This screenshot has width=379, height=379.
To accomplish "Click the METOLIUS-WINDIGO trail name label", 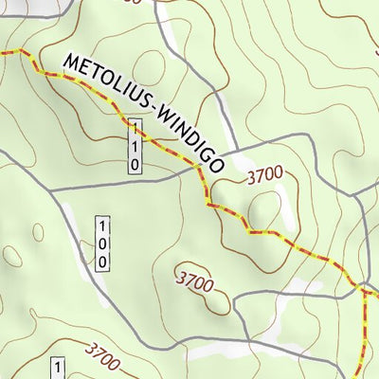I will tap(142, 113).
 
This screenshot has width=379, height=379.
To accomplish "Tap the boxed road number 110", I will tap(135, 146).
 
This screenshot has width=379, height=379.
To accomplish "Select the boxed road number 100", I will tap(103, 243).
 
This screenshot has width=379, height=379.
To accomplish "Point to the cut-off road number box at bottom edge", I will tap(58, 369).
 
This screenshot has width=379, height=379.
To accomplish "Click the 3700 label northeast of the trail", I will tap(264, 176).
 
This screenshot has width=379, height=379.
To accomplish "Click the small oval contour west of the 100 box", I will tap(38, 231).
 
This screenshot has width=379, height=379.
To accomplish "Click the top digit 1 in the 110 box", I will tap(135, 128).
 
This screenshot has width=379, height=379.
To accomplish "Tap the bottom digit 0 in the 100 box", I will tap(103, 260).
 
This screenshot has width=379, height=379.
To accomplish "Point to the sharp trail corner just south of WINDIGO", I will tap(208, 204).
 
